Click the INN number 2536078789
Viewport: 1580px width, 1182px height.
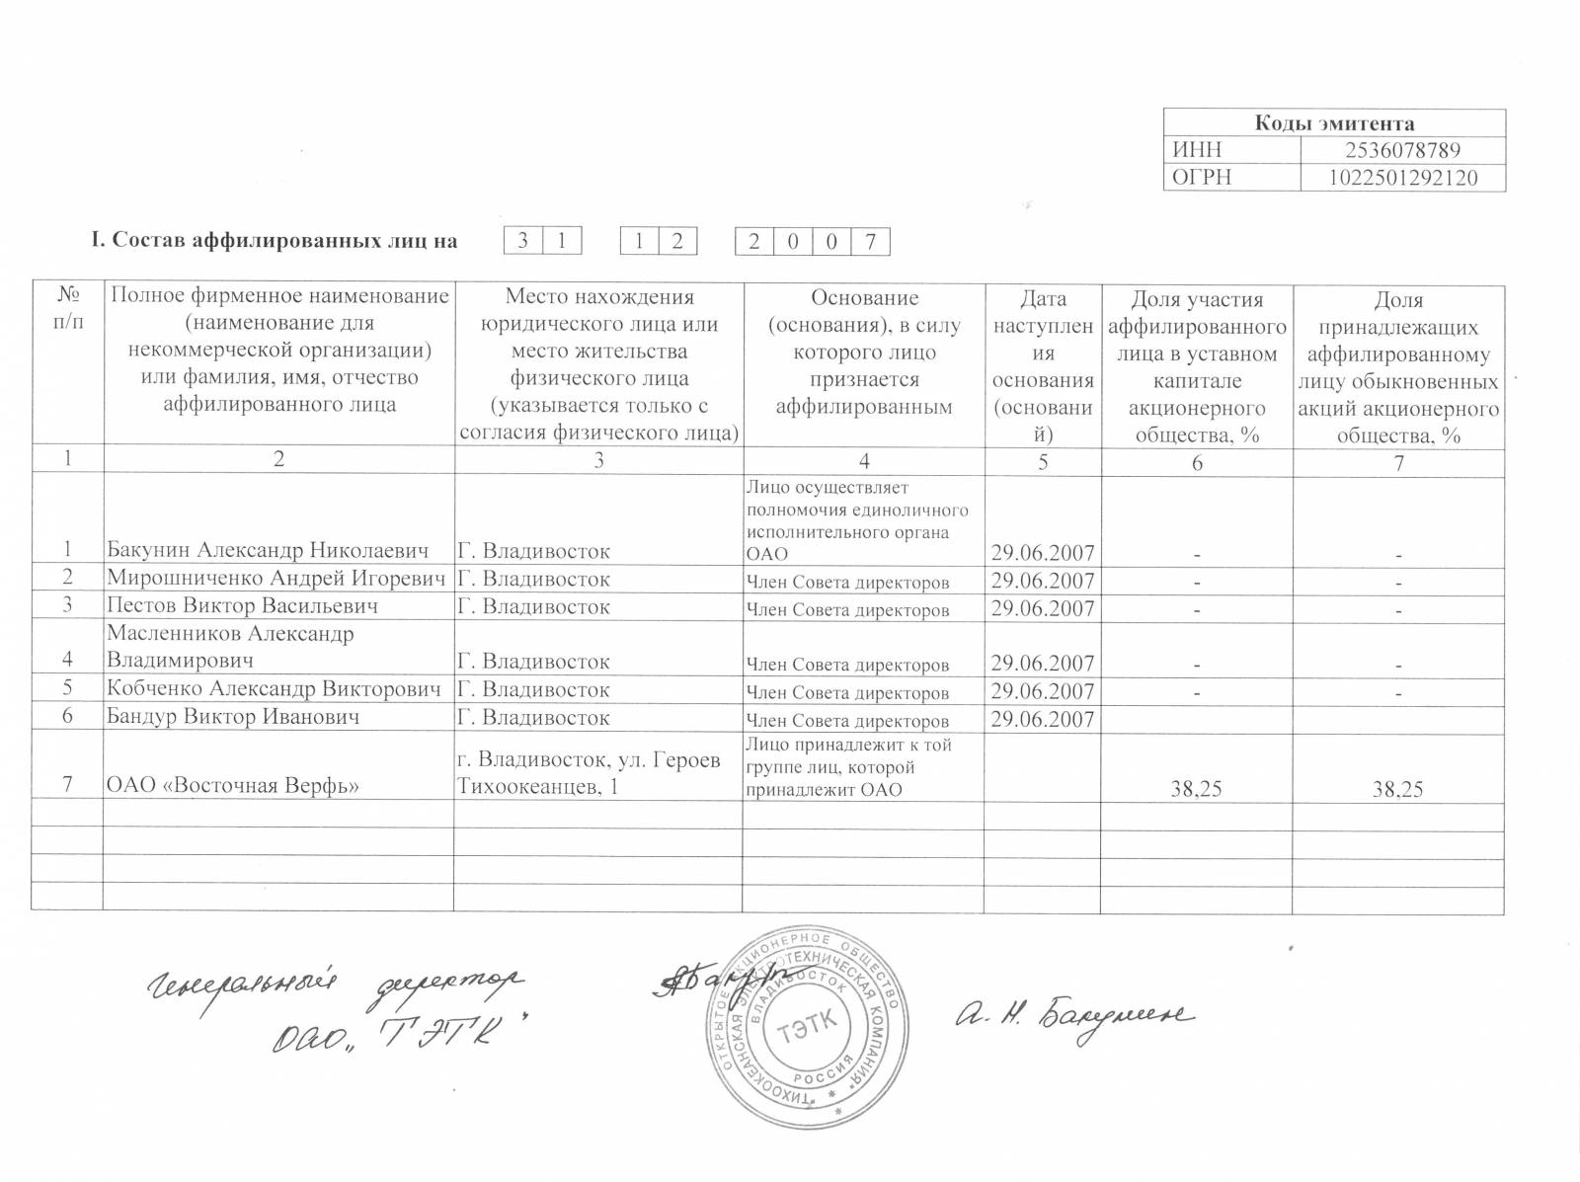[1402, 151]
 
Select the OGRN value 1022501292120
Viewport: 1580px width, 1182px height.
[1402, 178]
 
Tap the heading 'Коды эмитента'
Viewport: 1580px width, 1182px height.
[1334, 123]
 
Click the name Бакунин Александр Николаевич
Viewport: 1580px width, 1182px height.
[268, 551]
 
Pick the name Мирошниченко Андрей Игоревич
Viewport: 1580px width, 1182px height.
[276, 580]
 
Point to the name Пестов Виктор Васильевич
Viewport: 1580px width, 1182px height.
[242, 606]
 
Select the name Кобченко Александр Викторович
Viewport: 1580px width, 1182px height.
[274, 689]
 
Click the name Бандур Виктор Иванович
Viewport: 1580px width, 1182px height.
[233, 717]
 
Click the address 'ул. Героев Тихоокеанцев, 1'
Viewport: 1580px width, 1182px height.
[588, 774]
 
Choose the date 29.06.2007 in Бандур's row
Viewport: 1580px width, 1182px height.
[1042, 719]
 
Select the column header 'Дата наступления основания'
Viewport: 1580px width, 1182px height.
[1043, 365]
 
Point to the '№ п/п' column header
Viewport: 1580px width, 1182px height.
[67, 310]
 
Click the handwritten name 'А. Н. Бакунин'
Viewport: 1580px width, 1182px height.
[1073, 1016]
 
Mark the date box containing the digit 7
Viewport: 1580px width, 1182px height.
[870, 242]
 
